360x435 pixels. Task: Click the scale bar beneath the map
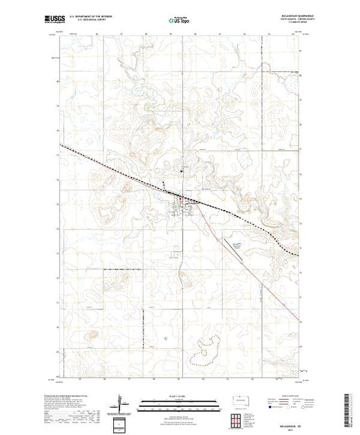pyautogui.click(x=179, y=401)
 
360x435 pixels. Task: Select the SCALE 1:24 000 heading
pyautogui.click(x=179, y=396)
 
